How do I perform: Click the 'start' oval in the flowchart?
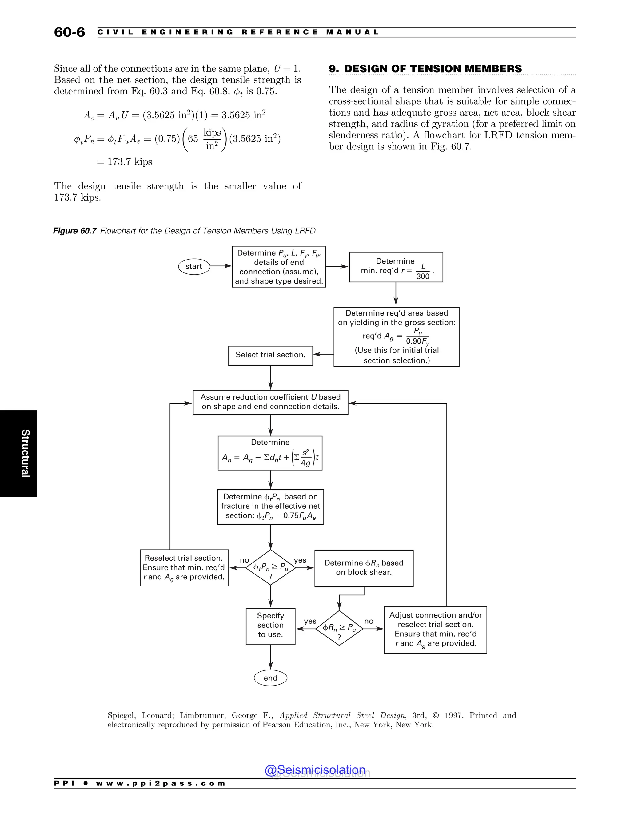click(x=194, y=266)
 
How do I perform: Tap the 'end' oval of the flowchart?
click(x=271, y=678)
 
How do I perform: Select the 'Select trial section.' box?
click(x=271, y=355)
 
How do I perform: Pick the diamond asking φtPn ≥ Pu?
click(x=271, y=568)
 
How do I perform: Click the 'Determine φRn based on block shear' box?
click(x=364, y=568)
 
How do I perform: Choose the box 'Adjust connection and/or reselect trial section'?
click(x=436, y=630)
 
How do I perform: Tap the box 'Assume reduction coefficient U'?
click(x=271, y=402)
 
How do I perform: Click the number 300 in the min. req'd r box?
click(x=423, y=276)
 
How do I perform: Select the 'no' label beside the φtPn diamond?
click(x=245, y=560)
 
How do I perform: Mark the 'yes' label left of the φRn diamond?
click(x=310, y=621)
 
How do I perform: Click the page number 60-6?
click(x=70, y=32)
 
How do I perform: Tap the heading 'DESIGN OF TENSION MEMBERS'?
click(x=433, y=69)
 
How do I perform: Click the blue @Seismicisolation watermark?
click(x=315, y=770)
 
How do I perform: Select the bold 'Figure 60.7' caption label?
click(x=75, y=231)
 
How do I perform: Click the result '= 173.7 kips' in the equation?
click(x=125, y=161)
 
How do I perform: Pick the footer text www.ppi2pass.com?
click(x=161, y=783)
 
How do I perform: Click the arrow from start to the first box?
click(x=221, y=266)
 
